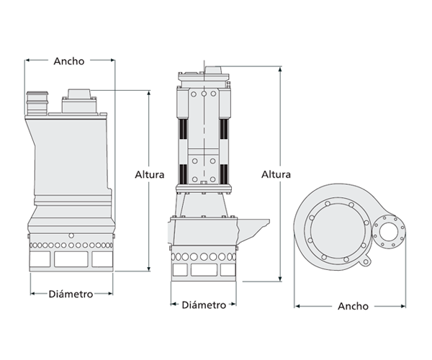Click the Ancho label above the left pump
click(x=69, y=61)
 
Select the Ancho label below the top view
click(x=353, y=306)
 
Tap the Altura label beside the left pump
click(x=150, y=174)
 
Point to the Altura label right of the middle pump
click(x=276, y=174)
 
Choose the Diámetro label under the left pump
click(x=71, y=294)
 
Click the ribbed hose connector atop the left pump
click(x=36, y=102)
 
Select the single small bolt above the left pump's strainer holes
click(x=71, y=235)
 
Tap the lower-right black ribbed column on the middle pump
click(x=225, y=174)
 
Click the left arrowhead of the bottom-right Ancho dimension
click(x=297, y=307)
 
